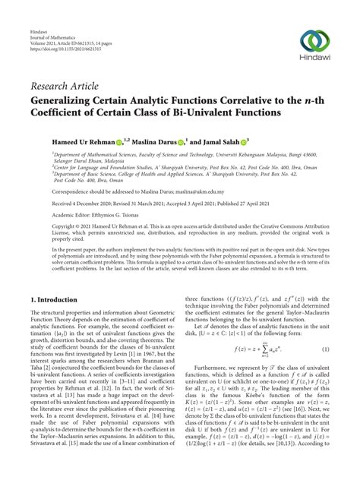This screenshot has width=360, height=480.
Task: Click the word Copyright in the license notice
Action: pos(44,226)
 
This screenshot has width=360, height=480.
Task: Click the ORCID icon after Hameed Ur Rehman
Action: pos(118,141)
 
